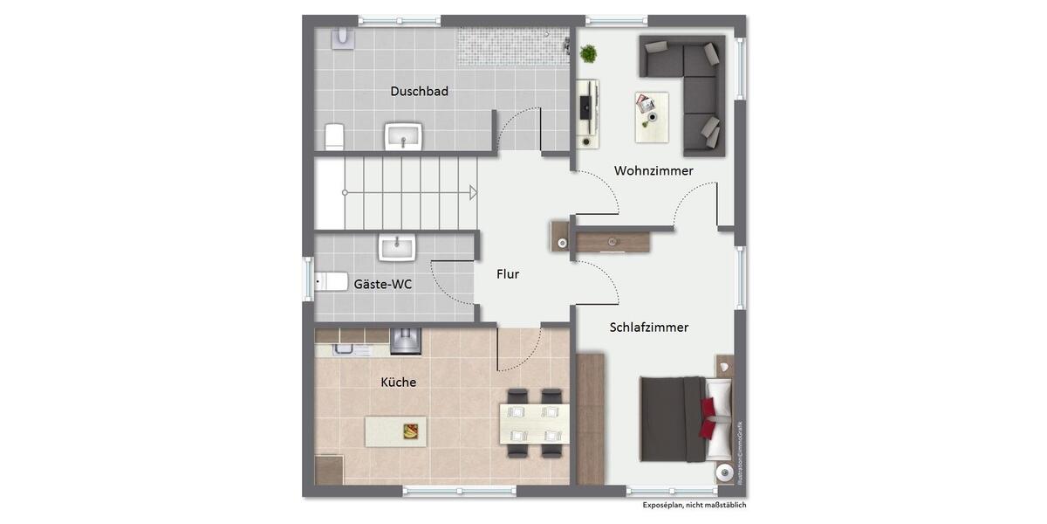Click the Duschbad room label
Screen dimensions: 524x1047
419,91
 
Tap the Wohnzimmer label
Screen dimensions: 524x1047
654,170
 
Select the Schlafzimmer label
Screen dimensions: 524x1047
648,327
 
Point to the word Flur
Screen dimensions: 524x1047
508,274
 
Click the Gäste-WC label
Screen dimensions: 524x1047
383,284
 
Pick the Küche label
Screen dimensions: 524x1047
398,383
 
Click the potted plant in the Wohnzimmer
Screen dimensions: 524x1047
589,53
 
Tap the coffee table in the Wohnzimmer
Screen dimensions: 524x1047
651,116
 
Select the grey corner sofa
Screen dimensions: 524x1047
694,87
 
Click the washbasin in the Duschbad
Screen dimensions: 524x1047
403,135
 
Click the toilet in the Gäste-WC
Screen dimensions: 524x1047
331,281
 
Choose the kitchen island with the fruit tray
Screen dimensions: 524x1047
395,431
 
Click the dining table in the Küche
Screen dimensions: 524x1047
534,424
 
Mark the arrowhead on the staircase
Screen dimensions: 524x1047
472,192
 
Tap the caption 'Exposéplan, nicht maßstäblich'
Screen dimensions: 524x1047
695,506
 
